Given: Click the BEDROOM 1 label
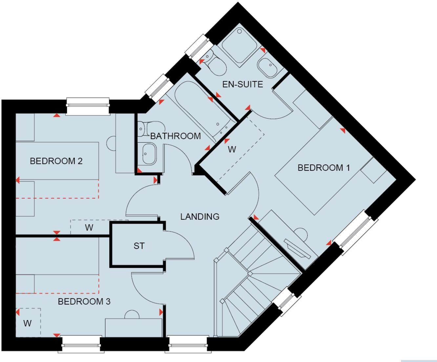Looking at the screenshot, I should [323, 168].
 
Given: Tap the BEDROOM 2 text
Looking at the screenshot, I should [56, 161].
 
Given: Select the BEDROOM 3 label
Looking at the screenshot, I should [84, 301].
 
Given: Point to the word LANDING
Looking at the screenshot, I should [200, 216].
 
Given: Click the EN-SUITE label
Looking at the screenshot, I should [242, 84].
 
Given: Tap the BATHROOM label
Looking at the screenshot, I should [176, 136].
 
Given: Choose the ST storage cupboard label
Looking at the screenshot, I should [139, 246].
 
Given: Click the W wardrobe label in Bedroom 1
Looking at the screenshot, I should [232, 150].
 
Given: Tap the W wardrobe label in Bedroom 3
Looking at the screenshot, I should [28, 323].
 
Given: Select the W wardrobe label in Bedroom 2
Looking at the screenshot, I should [89, 228].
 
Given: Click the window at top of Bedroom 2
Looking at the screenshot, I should [88, 107].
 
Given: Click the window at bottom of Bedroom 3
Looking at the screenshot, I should [81, 344].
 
